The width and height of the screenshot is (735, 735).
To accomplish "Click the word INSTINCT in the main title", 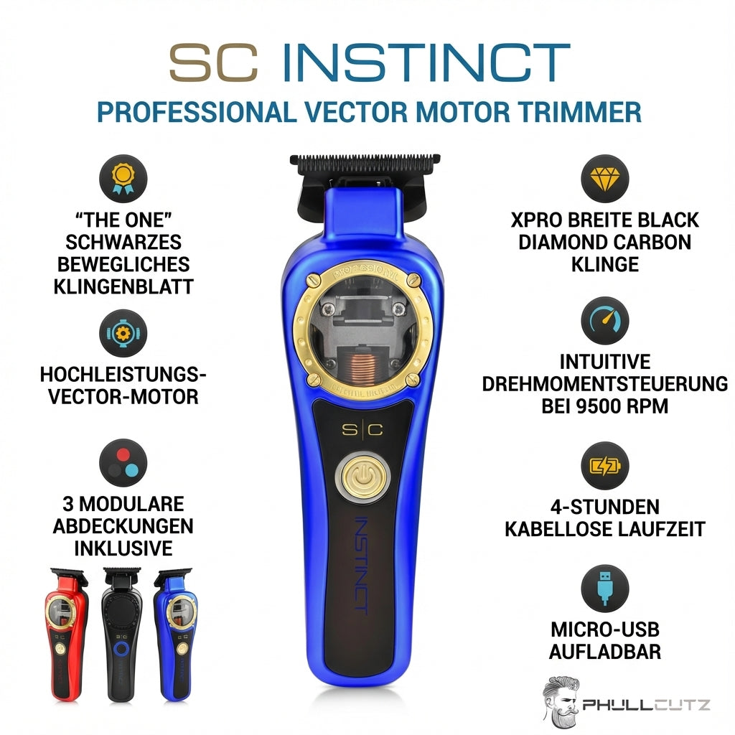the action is pyautogui.click(x=426, y=62).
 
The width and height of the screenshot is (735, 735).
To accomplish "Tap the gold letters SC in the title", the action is pyautogui.click(x=214, y=62).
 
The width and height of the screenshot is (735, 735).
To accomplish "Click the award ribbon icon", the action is pyautogui.click(x=123, y=179).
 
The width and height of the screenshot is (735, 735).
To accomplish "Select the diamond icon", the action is pyautogui.click(x=604, y=179).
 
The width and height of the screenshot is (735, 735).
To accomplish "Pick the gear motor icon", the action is pyautogui.click(x=123, y=333).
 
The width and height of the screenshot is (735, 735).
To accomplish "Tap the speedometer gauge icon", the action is pyautogui.click(x=604, y=321).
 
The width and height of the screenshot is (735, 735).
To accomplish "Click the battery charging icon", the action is pyautogui.click(x=604, y=466).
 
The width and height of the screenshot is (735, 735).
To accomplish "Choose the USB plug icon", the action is pyautogui.click(x=604, y=589).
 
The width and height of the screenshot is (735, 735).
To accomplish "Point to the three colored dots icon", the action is pyautogui.click(x=123, y=463).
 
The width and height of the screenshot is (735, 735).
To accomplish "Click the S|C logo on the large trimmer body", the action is pyautogui.click(x=362, y=429).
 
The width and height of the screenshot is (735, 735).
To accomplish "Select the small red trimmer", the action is pyautogui.click(x=67, y=635).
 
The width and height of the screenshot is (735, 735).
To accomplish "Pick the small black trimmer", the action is pyautogui.click(x=121, y=635).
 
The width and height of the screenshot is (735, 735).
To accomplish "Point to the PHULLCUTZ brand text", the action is pyautogui.click(x=646, y=705).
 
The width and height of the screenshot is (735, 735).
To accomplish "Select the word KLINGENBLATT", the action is pyautogui.click(x=123, y=287).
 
